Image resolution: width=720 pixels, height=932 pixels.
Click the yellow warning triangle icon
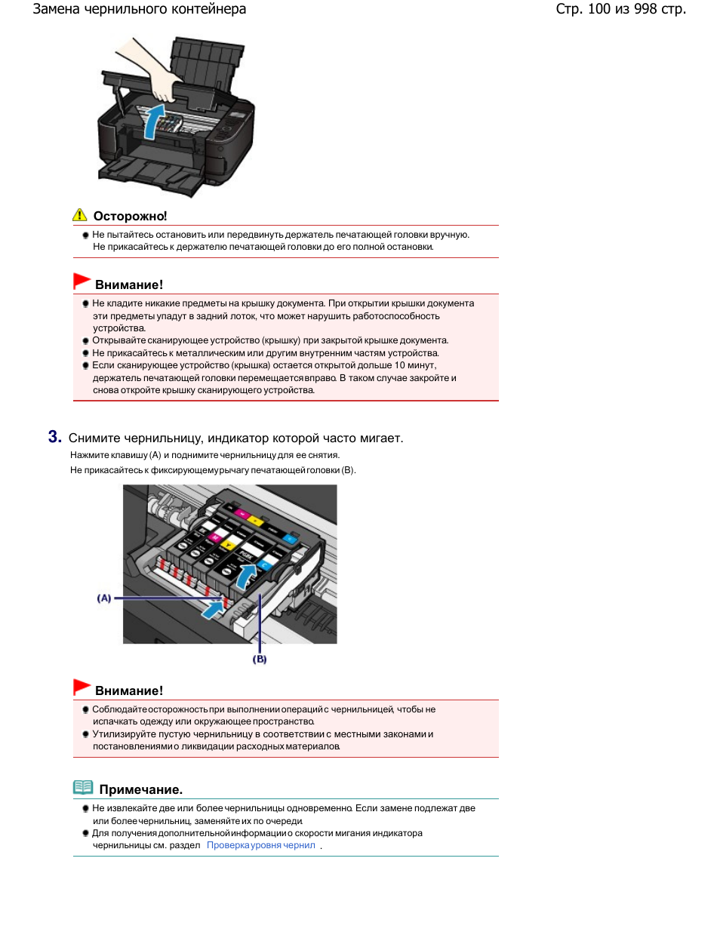pyautogui.click(x=79, y=215)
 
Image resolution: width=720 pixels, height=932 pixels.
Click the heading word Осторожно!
pyautogui.click(x=130, y=216)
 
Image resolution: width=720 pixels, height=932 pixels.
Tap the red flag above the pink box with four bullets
pyautogui.click(x=82, y=281)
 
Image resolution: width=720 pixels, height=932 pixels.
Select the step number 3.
pyautogui.click(x=54, y=437)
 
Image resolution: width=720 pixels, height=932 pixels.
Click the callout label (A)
pyautogui.click(x=104, y=598)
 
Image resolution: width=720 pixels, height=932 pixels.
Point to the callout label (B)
pyautogui.click(x=260, y=659)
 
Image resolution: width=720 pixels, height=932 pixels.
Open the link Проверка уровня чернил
pyautogui.click(x=261, y=845)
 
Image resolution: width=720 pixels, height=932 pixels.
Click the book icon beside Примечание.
pyautogui.click(x=83, y=788)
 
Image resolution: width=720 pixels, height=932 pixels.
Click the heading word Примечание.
pyautogui.click(x=140, y=789)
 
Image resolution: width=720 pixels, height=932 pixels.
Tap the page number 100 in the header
pyautogui.click(x=598, y=9)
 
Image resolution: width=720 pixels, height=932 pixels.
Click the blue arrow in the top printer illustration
pyautogui.click(x=153, y=121)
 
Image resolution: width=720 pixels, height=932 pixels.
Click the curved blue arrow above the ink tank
pyautogui.click(x=245, y=577)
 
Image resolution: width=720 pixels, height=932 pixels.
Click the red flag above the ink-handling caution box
pyautogui.click(x=82, y=687)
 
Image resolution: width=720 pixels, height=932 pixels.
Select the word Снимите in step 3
pyautogui.click(x=94, y=438)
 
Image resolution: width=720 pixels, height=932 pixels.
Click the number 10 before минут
pyautogui.click(x=400, y=365)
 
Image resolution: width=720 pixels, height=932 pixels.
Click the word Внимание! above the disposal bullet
pyautogui.click(x=128, y=691)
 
